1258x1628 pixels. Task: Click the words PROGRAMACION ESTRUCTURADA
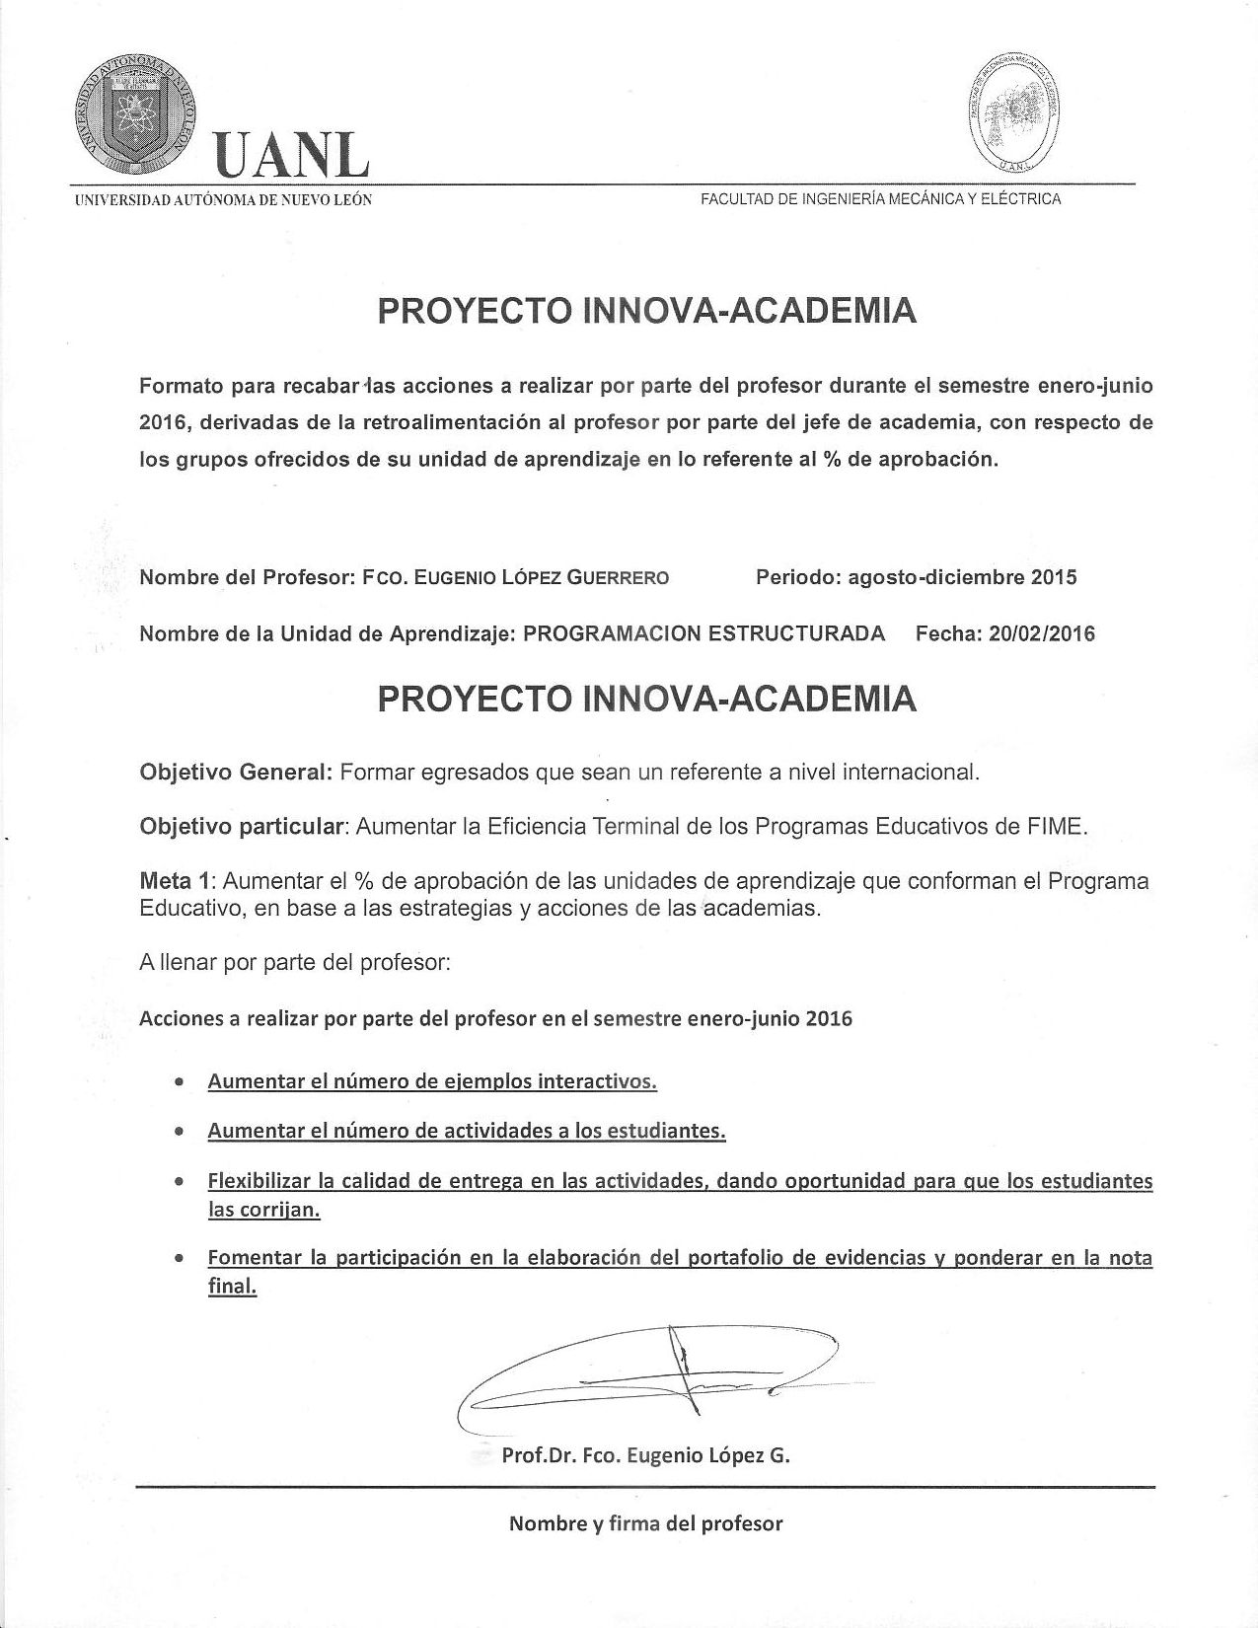click(x=703, y=633)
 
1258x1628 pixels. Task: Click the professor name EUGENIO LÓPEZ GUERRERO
click(x=541, y=578)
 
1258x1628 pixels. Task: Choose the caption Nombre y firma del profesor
click(x=645, y=1523)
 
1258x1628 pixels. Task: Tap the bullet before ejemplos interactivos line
click(x=178, y=1082)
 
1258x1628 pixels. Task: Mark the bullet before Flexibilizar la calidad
click(x=178, y=1181)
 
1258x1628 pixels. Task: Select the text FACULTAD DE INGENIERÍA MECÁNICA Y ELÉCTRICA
click(x=880, y=199)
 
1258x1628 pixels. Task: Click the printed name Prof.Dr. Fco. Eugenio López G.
click(x=645, y=1454)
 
